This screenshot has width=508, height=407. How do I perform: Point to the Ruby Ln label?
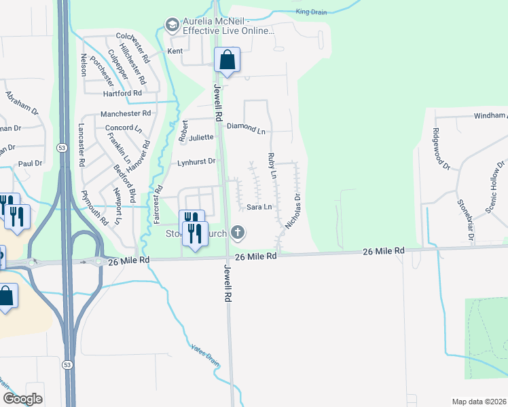[272, 166]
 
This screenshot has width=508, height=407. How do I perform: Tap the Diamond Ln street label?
[247, 127]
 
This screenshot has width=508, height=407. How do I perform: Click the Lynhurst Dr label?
[196, 161]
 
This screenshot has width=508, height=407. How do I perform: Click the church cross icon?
[237, 233]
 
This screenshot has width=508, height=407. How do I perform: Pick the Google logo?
[22, 399]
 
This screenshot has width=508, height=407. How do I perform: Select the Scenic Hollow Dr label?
[496, 187]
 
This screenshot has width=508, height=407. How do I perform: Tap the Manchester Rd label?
[126, 113]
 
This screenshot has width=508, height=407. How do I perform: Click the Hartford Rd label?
[122, 93]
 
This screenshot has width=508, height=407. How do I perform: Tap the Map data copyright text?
[479, 402]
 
